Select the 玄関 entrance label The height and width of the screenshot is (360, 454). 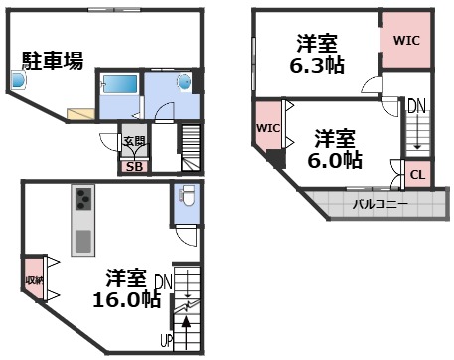(132, 142)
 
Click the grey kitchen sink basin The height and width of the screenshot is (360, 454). (81, 240)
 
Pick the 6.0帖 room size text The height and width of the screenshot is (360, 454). (336, 159)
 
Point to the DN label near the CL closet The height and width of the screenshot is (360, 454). (417, 105)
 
